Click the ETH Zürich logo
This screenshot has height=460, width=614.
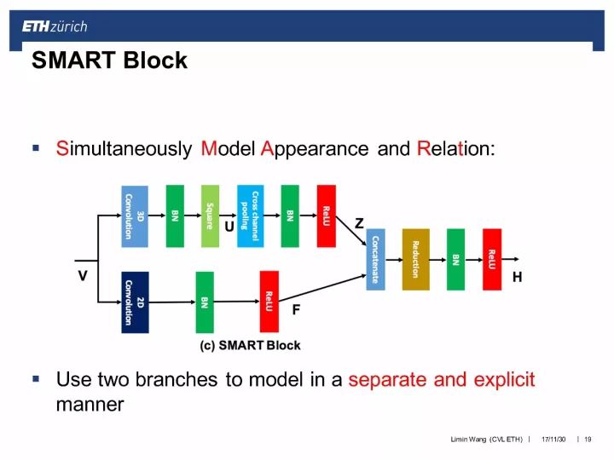tap(55, 26)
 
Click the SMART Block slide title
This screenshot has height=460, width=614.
tap(109, 61)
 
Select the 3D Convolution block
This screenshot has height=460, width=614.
tap(134, 216)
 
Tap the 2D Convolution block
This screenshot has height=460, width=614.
tap(134, 302)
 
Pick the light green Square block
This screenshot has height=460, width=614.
tap(210, 216)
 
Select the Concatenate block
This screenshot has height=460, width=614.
tap(375, 260)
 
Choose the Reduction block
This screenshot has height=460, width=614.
tap(415, 260)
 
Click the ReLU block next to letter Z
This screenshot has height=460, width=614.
tap(326, 216)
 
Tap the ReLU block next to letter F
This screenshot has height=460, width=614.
tap(269, 302)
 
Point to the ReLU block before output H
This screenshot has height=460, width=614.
tap(491, 260)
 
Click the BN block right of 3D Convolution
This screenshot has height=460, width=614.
tap(175, 216)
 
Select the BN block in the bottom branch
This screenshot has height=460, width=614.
tap(204, 302)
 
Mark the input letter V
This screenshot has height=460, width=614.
tap(83, 276)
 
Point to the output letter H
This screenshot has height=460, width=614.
tap(517, 278)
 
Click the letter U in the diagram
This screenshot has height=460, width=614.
tap(229, 227)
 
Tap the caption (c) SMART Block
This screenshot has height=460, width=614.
tap(250, 345)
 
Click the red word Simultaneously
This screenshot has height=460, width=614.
tap(124, 148)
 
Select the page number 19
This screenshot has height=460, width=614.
tap(588, 440)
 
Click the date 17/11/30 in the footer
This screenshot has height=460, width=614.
tap(554, 440)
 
